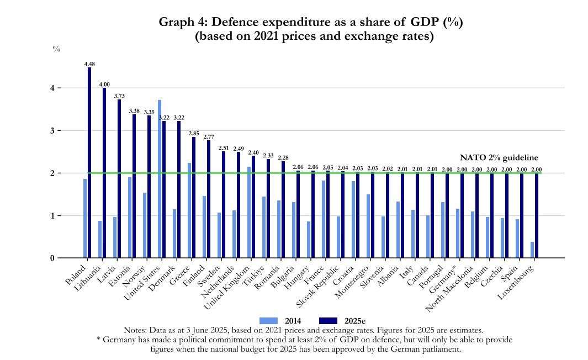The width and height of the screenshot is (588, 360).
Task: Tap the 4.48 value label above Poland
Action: [x=89, y=64]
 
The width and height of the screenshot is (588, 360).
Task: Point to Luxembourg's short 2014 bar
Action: [x=532, y=250]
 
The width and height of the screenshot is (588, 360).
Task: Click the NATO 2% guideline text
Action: [x=499, y=158]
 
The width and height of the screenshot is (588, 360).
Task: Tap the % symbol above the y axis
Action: [x=56, y=49]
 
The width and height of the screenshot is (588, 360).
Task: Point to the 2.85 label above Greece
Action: [x=193, y=134]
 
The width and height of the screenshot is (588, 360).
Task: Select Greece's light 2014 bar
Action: [x=189, y=210]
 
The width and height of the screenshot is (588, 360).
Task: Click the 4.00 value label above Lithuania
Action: [x=104, y=84]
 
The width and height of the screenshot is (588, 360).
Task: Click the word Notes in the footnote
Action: [x=135, y=330]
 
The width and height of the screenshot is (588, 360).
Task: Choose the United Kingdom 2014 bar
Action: [x=249, y=212]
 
